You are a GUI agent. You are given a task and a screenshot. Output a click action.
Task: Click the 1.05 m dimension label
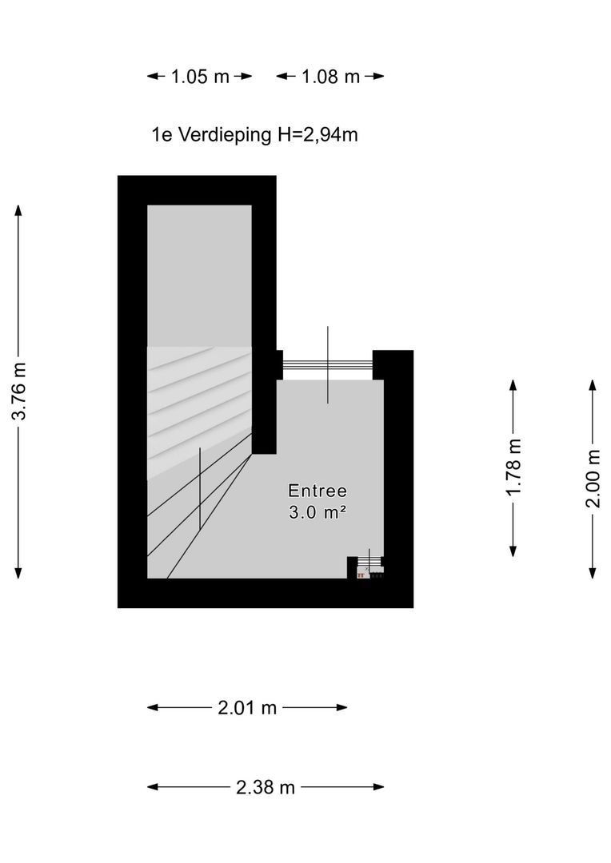[199, 77]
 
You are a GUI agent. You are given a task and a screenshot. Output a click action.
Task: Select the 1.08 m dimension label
[330, 77]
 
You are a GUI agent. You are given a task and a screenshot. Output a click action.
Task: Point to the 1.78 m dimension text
[513, 467]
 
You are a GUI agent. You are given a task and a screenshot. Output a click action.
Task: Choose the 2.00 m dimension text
[593, 479]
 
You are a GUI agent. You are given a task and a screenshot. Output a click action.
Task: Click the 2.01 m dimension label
[247, 708]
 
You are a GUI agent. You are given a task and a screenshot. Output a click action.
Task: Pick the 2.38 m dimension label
[266, 788]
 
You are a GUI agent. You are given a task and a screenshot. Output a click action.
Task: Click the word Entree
[318, 491]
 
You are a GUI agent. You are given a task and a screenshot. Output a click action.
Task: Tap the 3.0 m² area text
[318, 512]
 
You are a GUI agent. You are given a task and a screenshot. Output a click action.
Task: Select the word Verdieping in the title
[225, 135]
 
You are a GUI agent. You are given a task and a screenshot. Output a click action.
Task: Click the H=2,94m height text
[317, 135]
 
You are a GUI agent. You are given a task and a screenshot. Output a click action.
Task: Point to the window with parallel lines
[328, 364]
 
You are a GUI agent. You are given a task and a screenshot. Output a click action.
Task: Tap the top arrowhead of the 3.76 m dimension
[18, 210]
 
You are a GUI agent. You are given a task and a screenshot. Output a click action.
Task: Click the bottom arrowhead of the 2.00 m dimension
[593, 573]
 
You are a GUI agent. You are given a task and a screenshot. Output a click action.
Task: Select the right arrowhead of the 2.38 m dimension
[378, 787]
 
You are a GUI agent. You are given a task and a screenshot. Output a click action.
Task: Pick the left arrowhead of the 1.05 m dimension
[153, 77]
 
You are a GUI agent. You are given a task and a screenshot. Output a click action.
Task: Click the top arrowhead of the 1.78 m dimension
[513, 385]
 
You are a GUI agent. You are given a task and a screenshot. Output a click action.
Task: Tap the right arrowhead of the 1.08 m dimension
[378, 77]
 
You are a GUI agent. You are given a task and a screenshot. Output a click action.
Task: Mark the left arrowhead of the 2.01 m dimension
[153, 708]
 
